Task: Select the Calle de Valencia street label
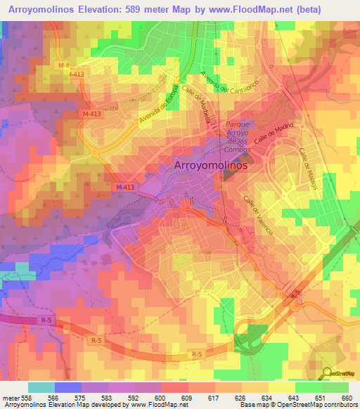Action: pyautogui.click(x=259, y=214)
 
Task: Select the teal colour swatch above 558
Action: pyautogui.click(x=41, y=387)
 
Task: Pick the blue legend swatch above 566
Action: pyautogui.click(x=67, y=387)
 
